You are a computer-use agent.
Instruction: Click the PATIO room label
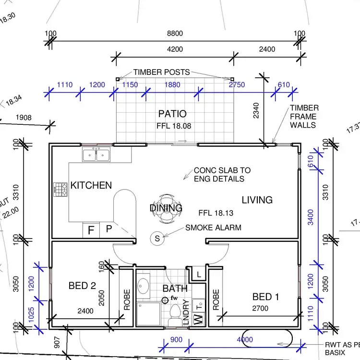click(x=172, y=114)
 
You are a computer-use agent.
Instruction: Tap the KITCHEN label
click(x=91, y=185)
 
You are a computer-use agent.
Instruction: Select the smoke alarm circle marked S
click(x=157, y=238)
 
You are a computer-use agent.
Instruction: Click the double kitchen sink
click(x=96, y=154)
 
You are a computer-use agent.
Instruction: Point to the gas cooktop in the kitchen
click(x=60, y=190)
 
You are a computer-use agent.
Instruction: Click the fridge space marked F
click(x=91, y=230)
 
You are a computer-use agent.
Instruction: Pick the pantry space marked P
click(x=109, y=228)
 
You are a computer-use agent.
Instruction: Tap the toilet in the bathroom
click(x=176, y=315)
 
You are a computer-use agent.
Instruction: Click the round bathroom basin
click(x=143, y=286)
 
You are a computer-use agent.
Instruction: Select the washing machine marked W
click(x=198, y=319)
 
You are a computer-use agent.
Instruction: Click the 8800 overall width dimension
click(x=175, y=34)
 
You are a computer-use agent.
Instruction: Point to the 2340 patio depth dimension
click(x=256, y=110)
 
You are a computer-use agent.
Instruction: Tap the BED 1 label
click(x=265, y=297)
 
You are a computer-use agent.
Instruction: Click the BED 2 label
click(x=82, y=286)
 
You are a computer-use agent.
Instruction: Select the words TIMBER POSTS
click(x=162, y=72)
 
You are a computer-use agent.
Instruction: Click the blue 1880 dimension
click(x=172, y=84)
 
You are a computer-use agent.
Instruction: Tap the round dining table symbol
click(x=167, y=209)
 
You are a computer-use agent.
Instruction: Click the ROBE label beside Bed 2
click(x=127, y=300)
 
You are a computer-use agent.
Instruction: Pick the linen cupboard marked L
click(x=199, y=274)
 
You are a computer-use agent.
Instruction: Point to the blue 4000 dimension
click(x=245, y=339)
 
